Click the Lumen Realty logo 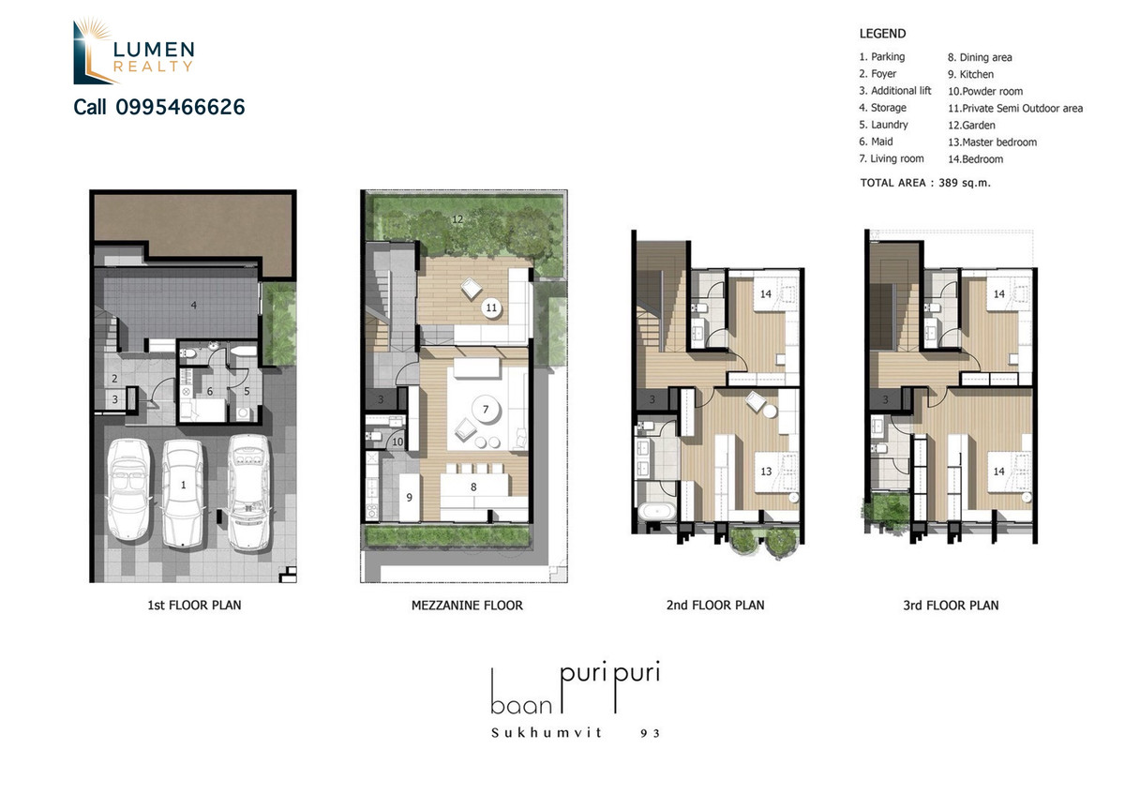click(x=133, y=51)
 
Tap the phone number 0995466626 click(x=180, y=107)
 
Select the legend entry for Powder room click(x=985, y=92)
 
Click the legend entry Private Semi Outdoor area click(x=1015, y=109)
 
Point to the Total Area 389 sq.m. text click(x=925, y=183)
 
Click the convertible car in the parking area click(x=128, y=489)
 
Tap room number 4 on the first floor click(x=193, y=305)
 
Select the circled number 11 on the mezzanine click(x=491, y=307)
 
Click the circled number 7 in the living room click(x=486, y=410)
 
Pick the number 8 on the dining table click(x=473, y=487)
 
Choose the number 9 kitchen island click(x=410, y=497)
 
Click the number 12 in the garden click(x=457, y=219)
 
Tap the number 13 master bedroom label click(x=766, y=472)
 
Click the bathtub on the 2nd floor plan click(x=656, y=511)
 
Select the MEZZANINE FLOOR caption click(x=467, y=606)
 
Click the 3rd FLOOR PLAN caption click(x=951, y=606)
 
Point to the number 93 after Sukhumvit click(x=650, y=733)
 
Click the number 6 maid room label click(x=209, y=391)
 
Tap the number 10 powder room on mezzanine click(x=397, y=442)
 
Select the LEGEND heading click(x=882, y=34)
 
